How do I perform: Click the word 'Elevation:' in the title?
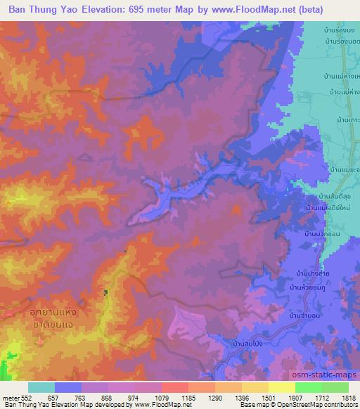[x=110, y=11]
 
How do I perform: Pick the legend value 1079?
[x=174, y=397]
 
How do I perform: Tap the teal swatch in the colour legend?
[x=41, y=387]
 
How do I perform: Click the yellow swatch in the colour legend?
[x=281, y=387]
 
